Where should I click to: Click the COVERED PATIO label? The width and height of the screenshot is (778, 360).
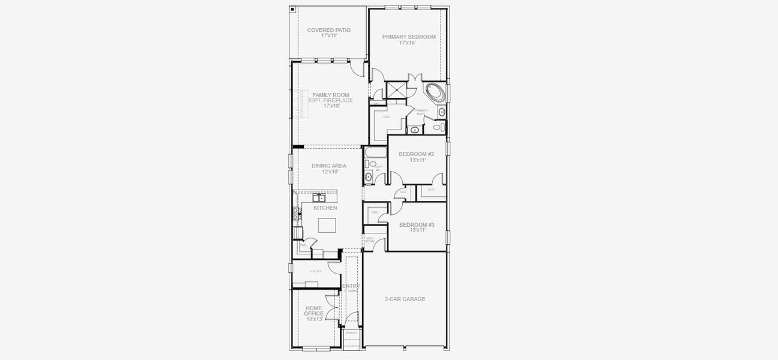coord(328,30)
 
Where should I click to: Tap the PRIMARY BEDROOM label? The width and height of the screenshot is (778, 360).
coord(409,37)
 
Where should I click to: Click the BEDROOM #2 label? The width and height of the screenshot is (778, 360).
coord(416,154)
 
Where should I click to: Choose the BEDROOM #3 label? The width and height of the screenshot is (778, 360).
coord(416,224)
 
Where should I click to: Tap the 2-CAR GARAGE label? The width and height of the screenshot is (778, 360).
coord(405,299)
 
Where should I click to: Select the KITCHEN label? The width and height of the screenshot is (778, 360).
coord(325,208)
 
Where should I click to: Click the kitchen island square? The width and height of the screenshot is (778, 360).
coord(327,225)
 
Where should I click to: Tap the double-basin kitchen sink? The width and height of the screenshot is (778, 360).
coord(318,197)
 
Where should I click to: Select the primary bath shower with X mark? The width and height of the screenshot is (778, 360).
coord(396,90)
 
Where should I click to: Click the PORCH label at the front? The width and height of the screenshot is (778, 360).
coord(351,332)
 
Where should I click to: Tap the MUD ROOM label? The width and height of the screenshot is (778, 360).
coord(369,240)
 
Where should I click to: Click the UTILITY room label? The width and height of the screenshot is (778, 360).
coord(315,271)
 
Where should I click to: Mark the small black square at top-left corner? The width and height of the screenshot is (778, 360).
coord(292,10)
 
